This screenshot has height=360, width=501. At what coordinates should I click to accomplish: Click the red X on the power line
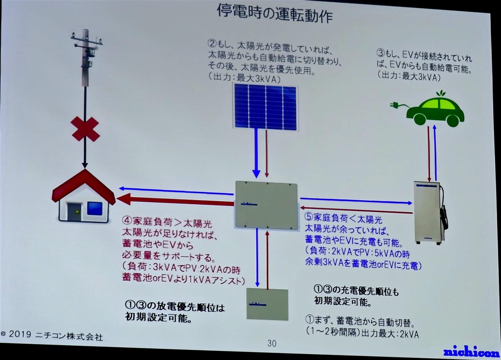pyautogui.click(x=85, y=129)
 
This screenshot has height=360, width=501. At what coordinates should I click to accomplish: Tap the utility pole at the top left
pyautogui.click(x=86, y=58)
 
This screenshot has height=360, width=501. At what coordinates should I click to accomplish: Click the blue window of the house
pyautogui.click(x=95, y=209)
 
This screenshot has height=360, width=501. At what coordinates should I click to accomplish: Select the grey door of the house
pyautogui.click(x=74, y=212)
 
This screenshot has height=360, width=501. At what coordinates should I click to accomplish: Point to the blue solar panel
pyautogui.click(x=265, y=107)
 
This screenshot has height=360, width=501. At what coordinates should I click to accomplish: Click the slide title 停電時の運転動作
pyautogui.click(x=275, y=13)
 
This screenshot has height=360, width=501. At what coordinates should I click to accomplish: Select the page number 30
pyautogui.click(x=272, y=343)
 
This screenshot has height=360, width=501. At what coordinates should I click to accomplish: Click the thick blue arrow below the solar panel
pyautogui.click(x=256, y=153)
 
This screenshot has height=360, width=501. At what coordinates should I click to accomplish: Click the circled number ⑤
pyautogui.click(x=309, y=216)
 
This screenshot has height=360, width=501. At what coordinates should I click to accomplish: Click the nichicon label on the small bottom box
pyautogui.click(x=258, y=304)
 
